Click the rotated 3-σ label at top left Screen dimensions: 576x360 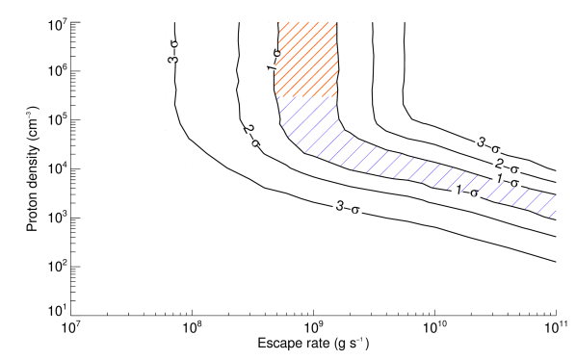(173, 51)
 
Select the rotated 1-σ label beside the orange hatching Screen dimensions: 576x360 (275, 61)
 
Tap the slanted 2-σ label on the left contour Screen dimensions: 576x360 (251, 136)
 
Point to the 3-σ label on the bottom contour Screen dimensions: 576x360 (348, 208)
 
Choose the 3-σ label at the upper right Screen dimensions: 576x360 (489, 145)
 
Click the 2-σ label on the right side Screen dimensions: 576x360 (507, 165)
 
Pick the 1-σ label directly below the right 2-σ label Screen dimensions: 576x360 (508, 180)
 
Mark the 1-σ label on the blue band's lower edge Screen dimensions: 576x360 (468, 191)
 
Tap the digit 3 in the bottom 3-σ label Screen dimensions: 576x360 (340, 206)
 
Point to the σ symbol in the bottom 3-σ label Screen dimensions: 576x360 (355, 210)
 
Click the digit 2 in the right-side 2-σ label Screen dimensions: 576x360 (500, 164)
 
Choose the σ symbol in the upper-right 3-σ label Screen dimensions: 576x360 (496, 148)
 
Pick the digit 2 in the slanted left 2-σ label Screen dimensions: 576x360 (248, 129)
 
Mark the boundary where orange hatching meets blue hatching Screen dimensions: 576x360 (306, 97)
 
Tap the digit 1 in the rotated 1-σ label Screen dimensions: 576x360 (275, 68)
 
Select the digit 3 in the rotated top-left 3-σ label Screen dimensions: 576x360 (173, 59)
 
